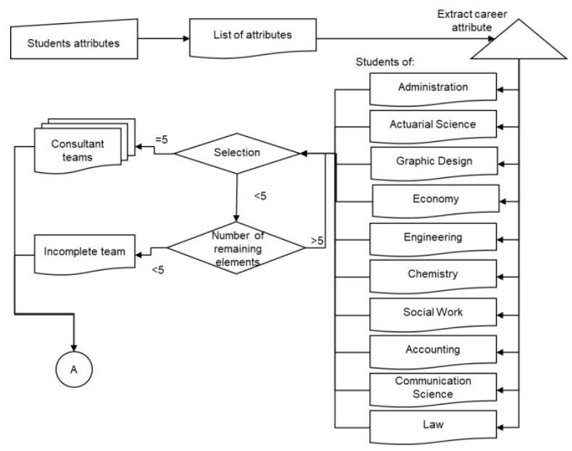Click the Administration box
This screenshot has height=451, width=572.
[x=433, y=88]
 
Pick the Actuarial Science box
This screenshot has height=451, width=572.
[x=433, y=125]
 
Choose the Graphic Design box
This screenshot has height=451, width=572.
[x=433, y=161]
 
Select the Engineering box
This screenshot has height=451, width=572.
[x=433, y=237]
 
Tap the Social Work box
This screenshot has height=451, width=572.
[x=433, y=313]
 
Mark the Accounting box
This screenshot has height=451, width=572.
[x=433, y=350]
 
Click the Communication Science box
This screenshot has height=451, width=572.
[x=433, y=388]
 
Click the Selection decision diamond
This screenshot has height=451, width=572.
[x=237, y=153]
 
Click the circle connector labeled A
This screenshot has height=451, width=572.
[x=74, y=368]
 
